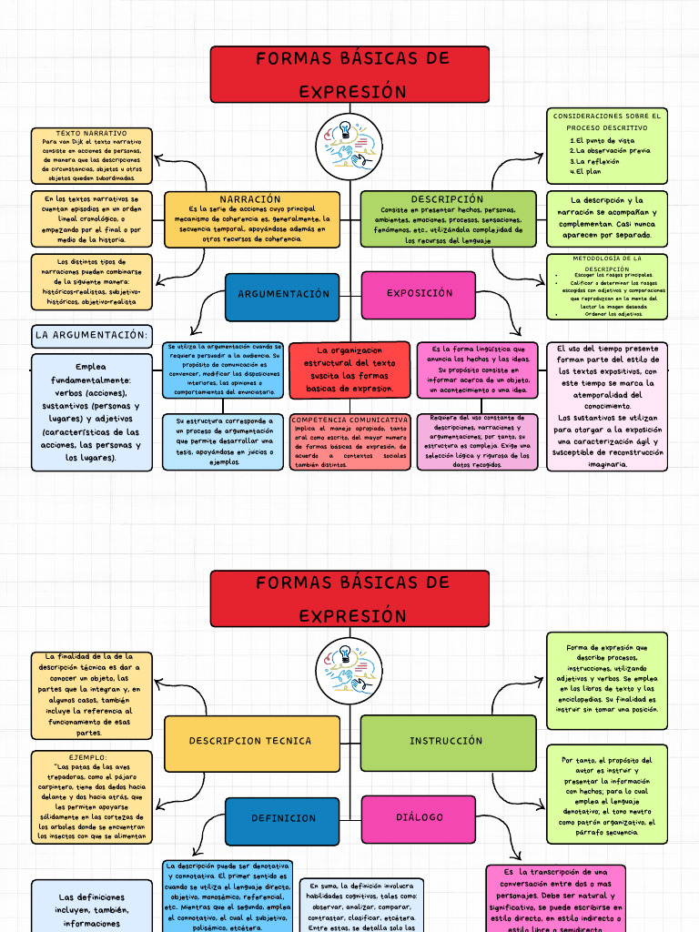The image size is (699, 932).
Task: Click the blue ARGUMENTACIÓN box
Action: pyautogui.click(x=283, y=295)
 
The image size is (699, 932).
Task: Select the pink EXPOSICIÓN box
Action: pyautogui.click(x=419, y=294)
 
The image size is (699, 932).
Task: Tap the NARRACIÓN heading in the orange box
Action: pyautogui.click(x=250, y=199)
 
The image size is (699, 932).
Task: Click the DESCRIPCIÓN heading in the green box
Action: pyautogui.click(x=447, y=199)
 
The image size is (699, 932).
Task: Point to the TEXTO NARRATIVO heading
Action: pyautogui.click(x=91, y=134)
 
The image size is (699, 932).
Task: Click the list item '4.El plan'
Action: pyautogui.click(x=585, y=171)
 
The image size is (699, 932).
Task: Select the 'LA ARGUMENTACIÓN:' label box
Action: pyautogui.click(x=91, y=336)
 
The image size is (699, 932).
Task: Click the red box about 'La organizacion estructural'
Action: pyautogui.click(x=350, y=370)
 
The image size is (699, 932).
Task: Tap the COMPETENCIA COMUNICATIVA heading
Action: pyautogui.click(x=350, y=420)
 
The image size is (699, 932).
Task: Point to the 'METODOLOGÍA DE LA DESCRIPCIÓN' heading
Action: pyautogui.click(x=607, y=263)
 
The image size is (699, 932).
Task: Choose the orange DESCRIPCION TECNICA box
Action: pyautogui.click(x=250, y=741)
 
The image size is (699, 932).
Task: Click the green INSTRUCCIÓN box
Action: pyautogui.click(x=447, y=741)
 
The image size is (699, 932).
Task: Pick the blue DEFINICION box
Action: pyautogui.click(x=283, y=818)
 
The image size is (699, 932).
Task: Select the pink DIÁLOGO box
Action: pyautogui.click(x=419, y=817)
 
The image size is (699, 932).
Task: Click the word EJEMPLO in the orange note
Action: pyautogui.click(x=88, y=757)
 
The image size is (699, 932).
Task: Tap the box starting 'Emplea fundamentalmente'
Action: pyautogui.click(x=91, y=412)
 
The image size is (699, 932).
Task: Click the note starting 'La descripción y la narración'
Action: pyautogui.click(x=607, y=218)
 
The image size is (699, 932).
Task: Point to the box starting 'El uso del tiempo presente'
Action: pyautogui.click(x=607, y=406)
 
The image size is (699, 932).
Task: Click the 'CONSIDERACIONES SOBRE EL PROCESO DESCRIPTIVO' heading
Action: pyautogui.click(x=607, y=122)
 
